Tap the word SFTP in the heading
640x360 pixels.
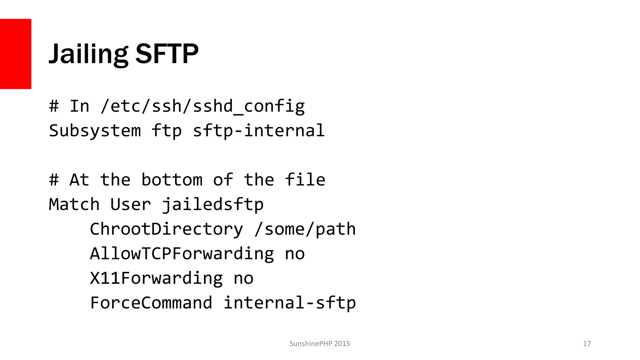pyautogui.click(x=167, y=54)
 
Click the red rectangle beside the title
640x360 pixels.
pyautogui.click(x=16, y=54)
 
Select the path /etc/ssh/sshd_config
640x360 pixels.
pyautogui.click(x=202, y=106)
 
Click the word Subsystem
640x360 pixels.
pyautogui.click(x=95, y=131)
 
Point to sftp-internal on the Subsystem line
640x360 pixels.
pyautogui.click(x=259, y=131)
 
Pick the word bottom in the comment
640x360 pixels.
pyautogui.click(x=172, y=180)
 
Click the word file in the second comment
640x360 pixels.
pyautogui.click(x=305, y=180)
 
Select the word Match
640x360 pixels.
pyautogui.click(x=74, y=205)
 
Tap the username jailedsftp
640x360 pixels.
pyautogui.click(x=213, y=205)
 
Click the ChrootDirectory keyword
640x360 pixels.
pyautogui.click(x=166, y=229)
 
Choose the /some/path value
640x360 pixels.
pyautogui.click(x=305, y=229)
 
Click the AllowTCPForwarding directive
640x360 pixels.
pyautogui.click(x=182, y=254)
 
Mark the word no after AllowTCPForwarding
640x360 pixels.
pyautogui.click(x=295, y=254)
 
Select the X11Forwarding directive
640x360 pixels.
pyautogui.click(x=156, y=278)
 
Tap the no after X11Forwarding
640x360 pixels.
pyautogui.click(x=243, y=278)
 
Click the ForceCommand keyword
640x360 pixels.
pyautogui.click(x=151, y=303)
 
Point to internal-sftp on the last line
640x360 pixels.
pyautogui.click(x=290, y=303)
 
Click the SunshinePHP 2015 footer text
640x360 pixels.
pyautogui.click(x=320, y=344)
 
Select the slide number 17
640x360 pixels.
pyautogui.click(x=587, y=344)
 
